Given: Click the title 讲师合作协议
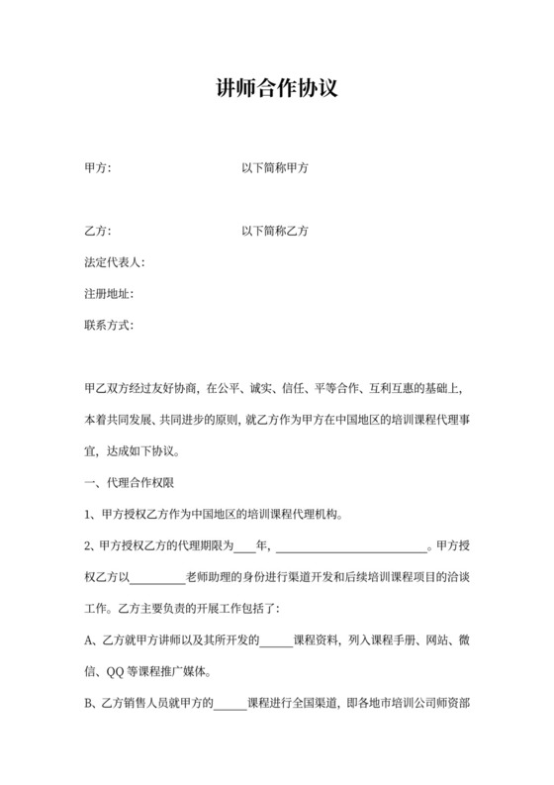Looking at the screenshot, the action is pos(277,89).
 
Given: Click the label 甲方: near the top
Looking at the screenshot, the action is pos(98,169).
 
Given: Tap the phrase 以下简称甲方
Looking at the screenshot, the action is pos(275,169).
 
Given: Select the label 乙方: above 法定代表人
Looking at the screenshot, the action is pos(98,232).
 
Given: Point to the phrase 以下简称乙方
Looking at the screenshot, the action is pos(275,232).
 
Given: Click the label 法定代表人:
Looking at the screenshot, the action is pos(115,263).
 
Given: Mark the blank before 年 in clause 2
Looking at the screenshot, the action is pos(245,546).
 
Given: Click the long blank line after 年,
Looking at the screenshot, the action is pos(350,546).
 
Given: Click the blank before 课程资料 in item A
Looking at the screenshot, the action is pos(277,641).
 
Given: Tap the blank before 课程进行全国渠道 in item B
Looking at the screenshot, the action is pos(231,704).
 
